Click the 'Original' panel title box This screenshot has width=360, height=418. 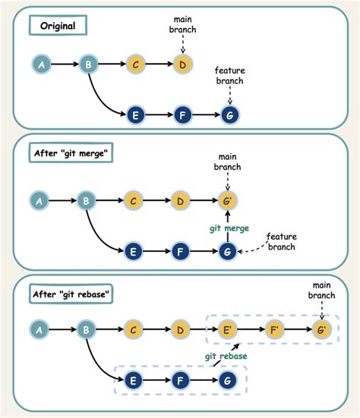pyautogui.click(x=58, y=27)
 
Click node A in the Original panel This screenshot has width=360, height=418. pyautogui.click(x=41, y=65)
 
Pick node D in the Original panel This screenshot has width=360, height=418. pyautogui.click(x=182, y=65)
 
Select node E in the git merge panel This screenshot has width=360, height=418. pyautogui.click(x=135, y=250)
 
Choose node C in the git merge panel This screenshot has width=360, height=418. pyautogui.click(x=135, y=201)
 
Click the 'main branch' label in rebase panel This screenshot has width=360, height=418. pyautogui.click(x=323, y=291)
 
